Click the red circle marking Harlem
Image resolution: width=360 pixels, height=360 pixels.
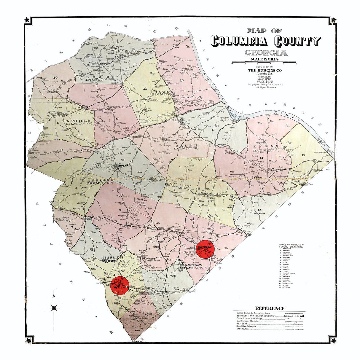[x=119, y=286]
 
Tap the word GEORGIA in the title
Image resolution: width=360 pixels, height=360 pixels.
[x=266, y=53]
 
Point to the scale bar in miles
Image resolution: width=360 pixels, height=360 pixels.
[x=264, y=63]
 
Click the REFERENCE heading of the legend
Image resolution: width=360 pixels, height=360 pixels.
[x=270, y=308]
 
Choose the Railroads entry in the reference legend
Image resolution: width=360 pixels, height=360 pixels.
[x=243, y=324]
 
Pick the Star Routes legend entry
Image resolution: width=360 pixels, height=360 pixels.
[x=243, y=329]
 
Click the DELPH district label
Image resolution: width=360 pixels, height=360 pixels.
[x=182, y=146]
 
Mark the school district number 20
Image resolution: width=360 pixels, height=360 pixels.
[x=55, y=78]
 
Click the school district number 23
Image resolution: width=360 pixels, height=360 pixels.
[x=181, y=80]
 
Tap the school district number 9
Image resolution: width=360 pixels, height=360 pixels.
[x=121, y=210]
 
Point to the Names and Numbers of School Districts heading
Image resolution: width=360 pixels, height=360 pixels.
[x=291, y=246]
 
